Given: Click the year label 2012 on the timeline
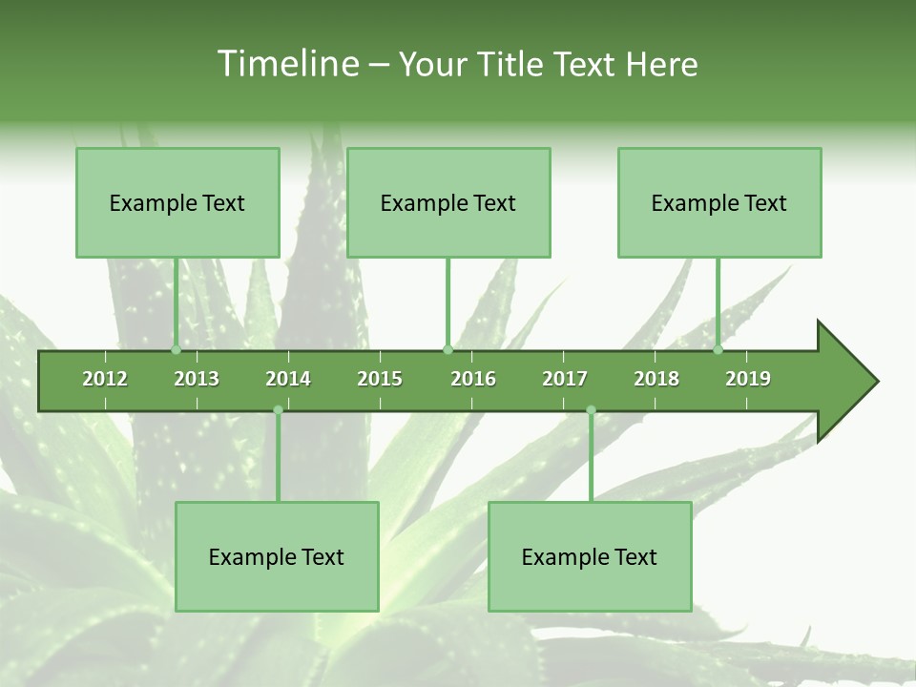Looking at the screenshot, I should (105, 379).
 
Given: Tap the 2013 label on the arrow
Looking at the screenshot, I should (197, 379).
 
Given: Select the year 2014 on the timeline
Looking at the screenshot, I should (288, 379).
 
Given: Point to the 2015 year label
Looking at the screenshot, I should (380, 379).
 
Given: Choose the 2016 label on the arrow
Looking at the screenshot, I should (473, 379).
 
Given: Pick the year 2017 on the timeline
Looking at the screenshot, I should (565, 379).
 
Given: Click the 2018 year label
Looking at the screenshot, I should (656, 379).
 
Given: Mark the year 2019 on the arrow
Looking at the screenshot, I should (748, 379).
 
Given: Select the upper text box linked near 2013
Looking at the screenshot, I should (177, 202).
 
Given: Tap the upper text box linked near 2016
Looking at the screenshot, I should (448, 202).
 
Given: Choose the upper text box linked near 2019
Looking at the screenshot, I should (719, 202).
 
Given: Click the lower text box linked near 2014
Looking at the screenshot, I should (277, 556).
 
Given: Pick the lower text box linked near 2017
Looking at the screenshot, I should (590, 556).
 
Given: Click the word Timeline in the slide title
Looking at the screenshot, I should (286, 64).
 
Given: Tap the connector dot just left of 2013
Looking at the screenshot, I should (176, 350).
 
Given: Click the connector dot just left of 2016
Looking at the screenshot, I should (448, 350).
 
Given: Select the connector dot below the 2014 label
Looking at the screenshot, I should (278, 410).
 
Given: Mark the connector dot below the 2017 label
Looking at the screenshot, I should (591, 410).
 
